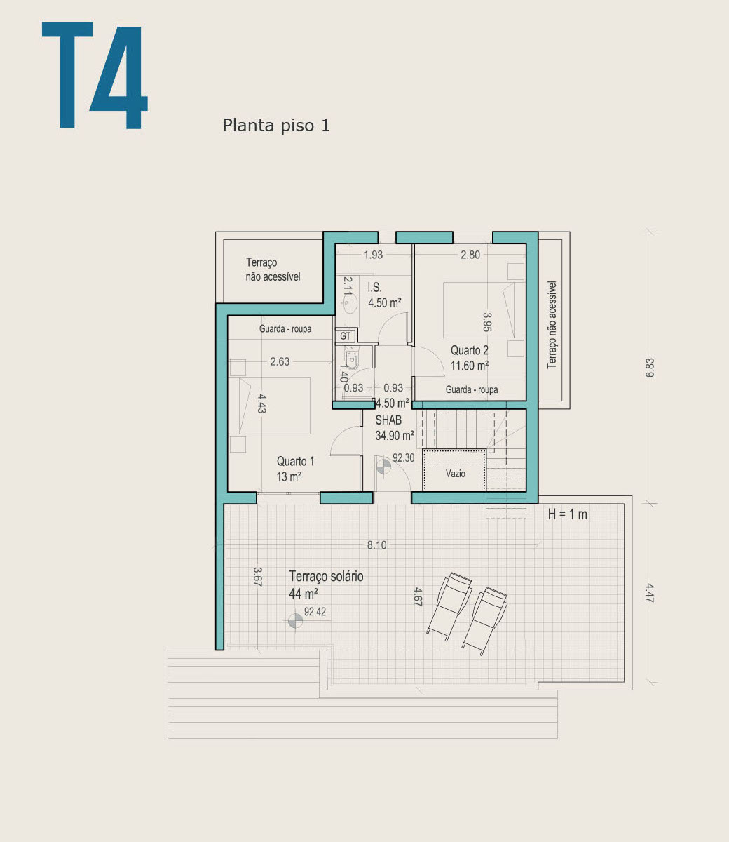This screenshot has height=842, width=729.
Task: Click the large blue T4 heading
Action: (x=95, y=75)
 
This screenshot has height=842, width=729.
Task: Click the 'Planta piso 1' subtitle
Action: (x=276, y=126)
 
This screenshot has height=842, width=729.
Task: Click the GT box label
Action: (x=345, y=336)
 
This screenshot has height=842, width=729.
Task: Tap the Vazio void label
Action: (x=455, y=474)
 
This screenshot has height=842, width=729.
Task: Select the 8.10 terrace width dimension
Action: (x=376, y=545)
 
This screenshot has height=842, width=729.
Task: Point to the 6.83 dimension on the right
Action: (x=650, y=368)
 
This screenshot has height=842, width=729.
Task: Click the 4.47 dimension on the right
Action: (x=650, y=593)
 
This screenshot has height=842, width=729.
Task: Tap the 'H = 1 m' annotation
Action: (x=567, y=514)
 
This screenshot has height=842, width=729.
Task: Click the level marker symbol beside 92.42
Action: (x=295, y=621)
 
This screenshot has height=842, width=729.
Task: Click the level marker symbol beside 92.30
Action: (x=383, y=467)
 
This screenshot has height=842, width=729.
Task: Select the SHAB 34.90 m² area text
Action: (x=394, y=428)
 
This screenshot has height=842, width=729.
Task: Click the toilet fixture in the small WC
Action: (x=351, y=359)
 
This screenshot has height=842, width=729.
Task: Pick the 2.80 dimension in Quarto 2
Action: (x=470, y=255)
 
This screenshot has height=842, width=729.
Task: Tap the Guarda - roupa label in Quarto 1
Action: (x=285, y=329)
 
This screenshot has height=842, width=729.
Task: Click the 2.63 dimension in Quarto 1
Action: (x=280, y=362)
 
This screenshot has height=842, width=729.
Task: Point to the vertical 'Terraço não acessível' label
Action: (x=552, y=325)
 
